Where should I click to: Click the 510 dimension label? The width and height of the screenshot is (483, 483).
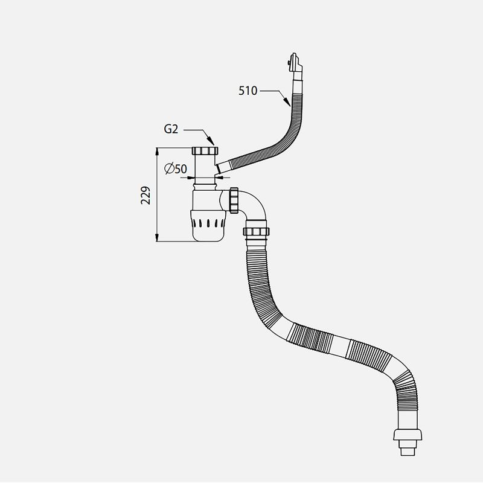click(248, 91)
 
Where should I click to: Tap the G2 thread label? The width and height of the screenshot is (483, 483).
click(171, 129)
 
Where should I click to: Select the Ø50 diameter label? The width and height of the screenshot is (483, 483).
click(176, 168)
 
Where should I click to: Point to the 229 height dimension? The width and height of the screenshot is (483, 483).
click(146, 195)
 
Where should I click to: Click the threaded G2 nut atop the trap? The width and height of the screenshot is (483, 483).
click(205, 151)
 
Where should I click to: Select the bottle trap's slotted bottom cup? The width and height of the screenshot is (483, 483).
click(208, 225)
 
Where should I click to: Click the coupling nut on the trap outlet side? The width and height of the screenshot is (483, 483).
click(234, 200)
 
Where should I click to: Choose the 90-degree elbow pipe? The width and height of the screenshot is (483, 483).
click(252, 206)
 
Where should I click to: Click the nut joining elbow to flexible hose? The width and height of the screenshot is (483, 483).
click(256, 231)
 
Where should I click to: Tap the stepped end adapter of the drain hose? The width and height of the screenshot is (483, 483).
click(407, 442)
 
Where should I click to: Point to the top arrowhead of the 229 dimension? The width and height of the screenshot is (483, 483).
click(157, 152)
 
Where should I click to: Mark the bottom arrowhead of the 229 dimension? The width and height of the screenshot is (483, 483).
click(157, 237)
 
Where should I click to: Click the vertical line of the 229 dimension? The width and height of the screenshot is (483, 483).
click(157, 194)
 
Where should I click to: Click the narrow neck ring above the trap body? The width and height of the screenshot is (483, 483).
click(205, 187)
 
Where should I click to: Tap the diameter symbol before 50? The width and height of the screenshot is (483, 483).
click(168, 168)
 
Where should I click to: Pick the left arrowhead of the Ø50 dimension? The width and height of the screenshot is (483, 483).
click(191, 178)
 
